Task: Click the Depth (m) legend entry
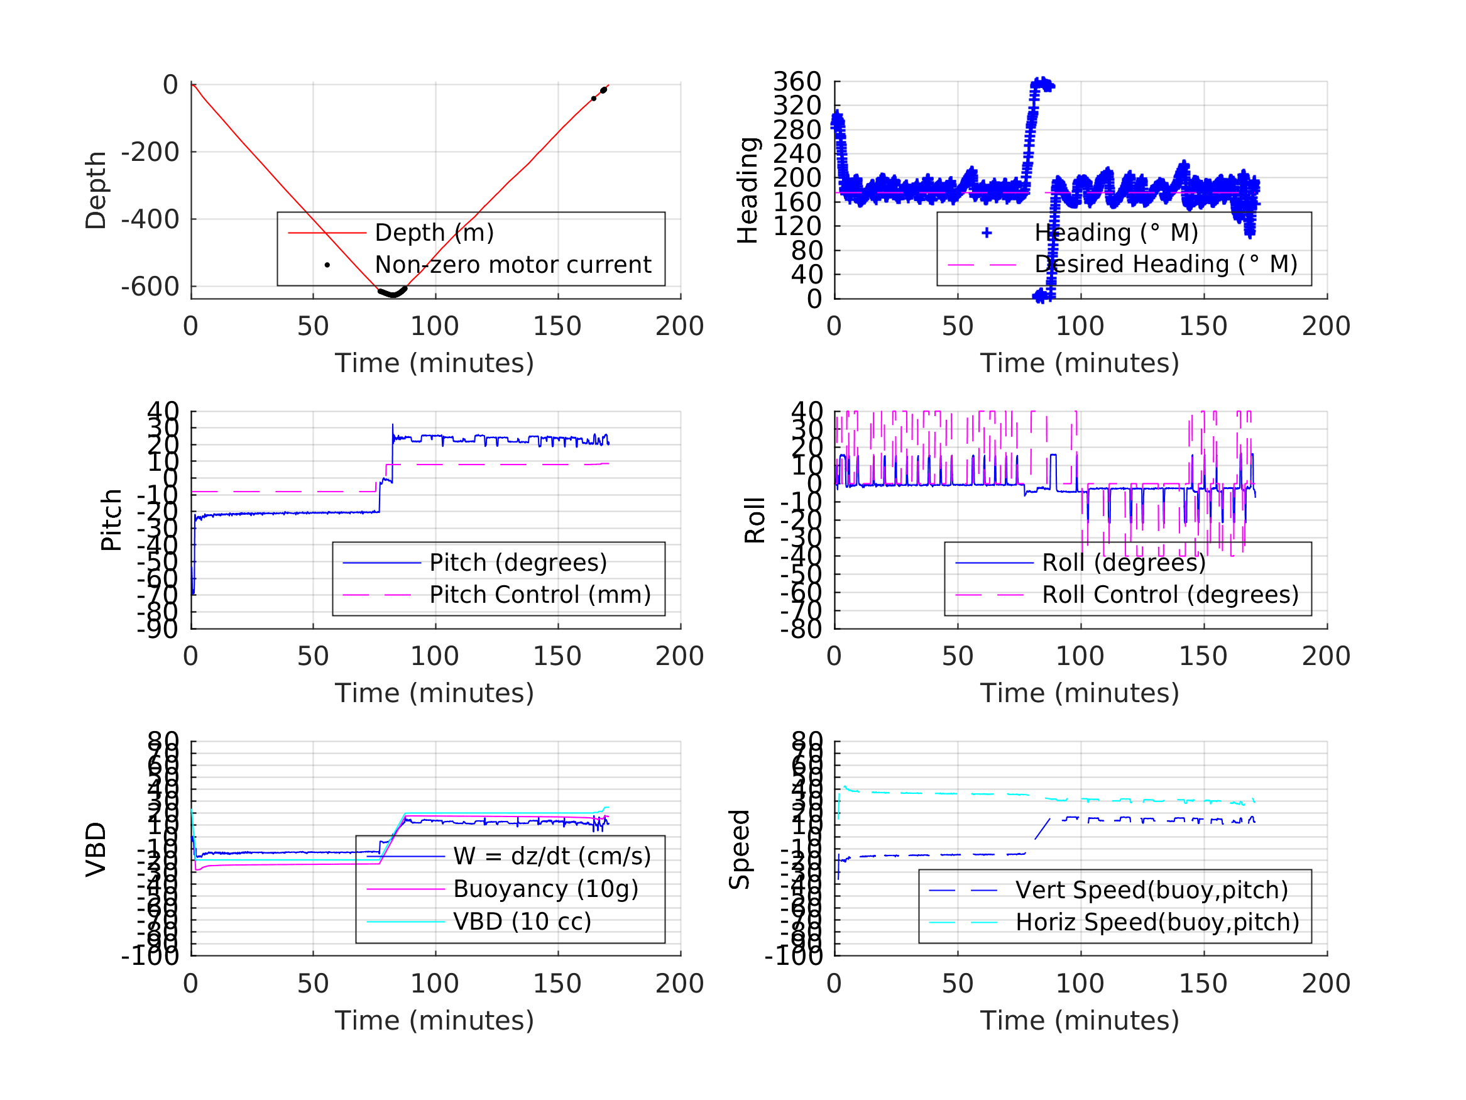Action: [434, 233]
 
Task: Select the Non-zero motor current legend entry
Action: [513, 265]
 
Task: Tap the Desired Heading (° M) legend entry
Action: [1166, 265]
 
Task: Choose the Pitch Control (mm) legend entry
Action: [540, 595]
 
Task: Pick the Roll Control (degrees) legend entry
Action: [1171, 595]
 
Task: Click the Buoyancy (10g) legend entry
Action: [545, 889]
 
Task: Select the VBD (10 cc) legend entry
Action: [522, 921]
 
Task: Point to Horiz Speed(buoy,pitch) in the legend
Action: [1157, 922]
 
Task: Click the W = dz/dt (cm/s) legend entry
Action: [552, 857]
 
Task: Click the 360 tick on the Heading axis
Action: [797, 82]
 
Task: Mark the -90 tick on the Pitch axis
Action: [158, 629]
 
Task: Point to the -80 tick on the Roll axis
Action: [801, 629]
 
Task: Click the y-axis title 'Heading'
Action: [748, 190]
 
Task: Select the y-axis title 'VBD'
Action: [96, 849]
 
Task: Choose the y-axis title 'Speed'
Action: [739, 849]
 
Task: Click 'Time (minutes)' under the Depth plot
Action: [434, 363]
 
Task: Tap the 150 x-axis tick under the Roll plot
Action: [1203, 656]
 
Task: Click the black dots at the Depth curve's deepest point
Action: [393, 293]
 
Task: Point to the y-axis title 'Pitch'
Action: [111, 520]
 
